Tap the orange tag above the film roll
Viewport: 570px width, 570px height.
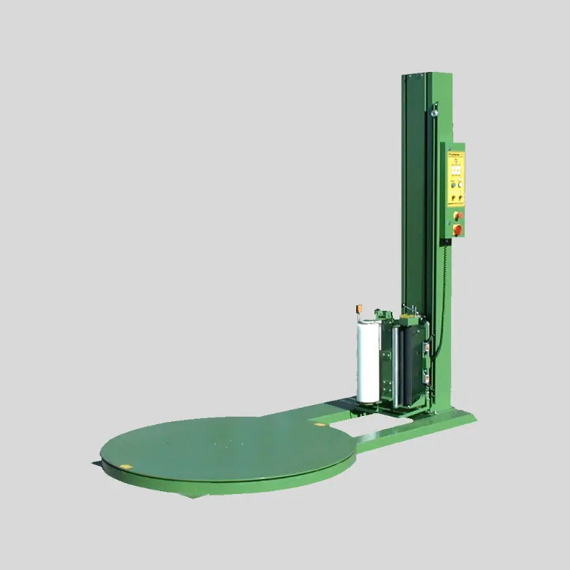point(359,309)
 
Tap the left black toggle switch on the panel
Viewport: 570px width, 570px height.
point(451,197)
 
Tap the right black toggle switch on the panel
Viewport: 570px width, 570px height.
point(461,197)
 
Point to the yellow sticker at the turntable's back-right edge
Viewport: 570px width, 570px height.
point(317,425)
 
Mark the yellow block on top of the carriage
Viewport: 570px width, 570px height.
point(407,317)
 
